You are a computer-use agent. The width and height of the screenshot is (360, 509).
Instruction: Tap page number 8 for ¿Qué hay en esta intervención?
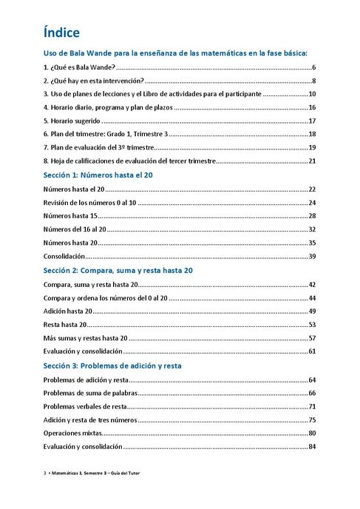tap(313, 81)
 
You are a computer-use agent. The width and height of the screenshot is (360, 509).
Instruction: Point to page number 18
tap(312, 134)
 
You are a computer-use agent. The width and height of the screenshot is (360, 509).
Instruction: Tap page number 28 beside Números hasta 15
tap(312, 216)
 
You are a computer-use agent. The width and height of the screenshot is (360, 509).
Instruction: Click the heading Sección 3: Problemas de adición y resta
tap(112, 365)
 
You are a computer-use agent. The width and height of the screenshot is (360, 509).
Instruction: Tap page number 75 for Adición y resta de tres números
tap(312, 419)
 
